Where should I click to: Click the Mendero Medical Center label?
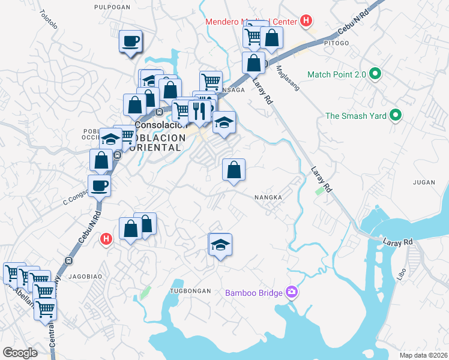(252, 22)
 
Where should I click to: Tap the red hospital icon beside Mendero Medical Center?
(306, 21)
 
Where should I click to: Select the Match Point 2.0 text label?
(336, 75)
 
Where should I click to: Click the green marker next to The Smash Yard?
(396, 115)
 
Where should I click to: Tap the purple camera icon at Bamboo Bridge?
(292, 292)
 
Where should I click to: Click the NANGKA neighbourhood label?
(268, 197)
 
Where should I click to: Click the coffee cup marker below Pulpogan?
(130, 41)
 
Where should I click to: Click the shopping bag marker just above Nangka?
(234, 170)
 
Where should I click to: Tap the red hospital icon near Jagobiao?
(106, 239)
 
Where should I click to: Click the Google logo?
(20, 353)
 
